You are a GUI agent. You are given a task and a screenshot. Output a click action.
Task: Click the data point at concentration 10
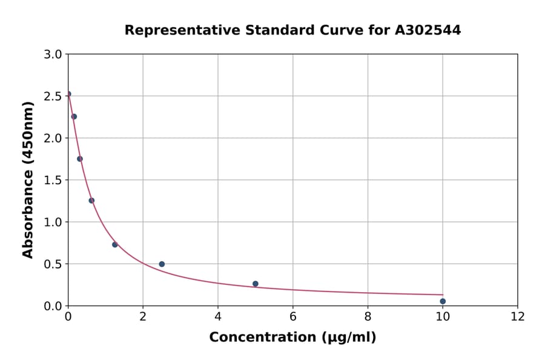tap(443, 301)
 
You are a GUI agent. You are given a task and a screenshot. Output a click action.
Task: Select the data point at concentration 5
tap(256, 284)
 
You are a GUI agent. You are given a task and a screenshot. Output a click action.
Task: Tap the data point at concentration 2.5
tap(162, 264)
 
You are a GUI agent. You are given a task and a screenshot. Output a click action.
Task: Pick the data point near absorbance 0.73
tap(115, 245)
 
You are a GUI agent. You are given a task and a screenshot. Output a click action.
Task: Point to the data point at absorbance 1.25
tap(91, 201)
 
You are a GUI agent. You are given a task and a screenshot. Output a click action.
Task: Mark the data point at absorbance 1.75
tap(80, 159)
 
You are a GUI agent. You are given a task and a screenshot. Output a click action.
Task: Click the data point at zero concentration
tap(68, 94)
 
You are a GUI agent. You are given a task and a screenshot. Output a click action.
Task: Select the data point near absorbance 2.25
tap(74, 116)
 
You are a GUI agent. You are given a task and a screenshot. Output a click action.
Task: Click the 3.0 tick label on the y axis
tap(53, 55)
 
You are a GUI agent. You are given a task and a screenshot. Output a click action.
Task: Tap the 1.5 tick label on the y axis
tap(53, 180)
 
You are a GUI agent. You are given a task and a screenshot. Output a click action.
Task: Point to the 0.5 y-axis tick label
tap(53, 264)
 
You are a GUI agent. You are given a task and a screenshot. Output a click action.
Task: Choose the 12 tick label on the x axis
tap(518, 316)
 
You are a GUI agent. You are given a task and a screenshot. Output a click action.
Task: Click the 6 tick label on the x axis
tap(293, 316)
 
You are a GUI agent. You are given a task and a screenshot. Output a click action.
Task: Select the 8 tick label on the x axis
tap(368, 316)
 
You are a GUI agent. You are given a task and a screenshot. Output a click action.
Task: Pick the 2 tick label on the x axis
tap(143, 316)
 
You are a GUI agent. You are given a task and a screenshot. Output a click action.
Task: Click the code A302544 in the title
tap(428, 30)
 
